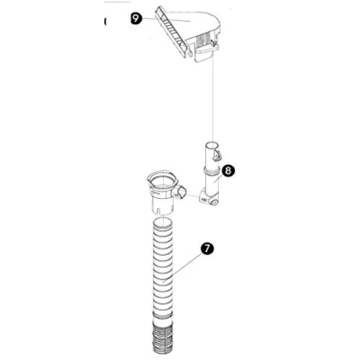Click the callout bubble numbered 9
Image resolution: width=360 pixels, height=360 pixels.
[x=137, y=19]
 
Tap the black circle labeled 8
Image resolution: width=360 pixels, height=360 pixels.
[x=229, y=171]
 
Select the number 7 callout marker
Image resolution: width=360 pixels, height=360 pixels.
[x=207, y=248]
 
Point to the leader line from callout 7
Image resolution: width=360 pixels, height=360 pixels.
[x=183, y=266]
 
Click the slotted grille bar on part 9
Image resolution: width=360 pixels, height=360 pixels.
[x=174, y=32]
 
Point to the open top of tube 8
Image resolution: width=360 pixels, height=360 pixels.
[x=212, y=145]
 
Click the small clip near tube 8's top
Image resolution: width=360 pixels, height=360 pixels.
[x=218, y=155]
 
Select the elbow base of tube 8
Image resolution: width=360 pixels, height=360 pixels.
[x=209, y=199]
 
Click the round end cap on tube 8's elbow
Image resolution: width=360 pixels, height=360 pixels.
[x=214, y=202]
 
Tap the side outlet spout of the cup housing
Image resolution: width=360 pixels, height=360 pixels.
[x=181, y=192]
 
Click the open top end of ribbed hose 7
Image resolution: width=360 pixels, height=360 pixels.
[x=164, y=223]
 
